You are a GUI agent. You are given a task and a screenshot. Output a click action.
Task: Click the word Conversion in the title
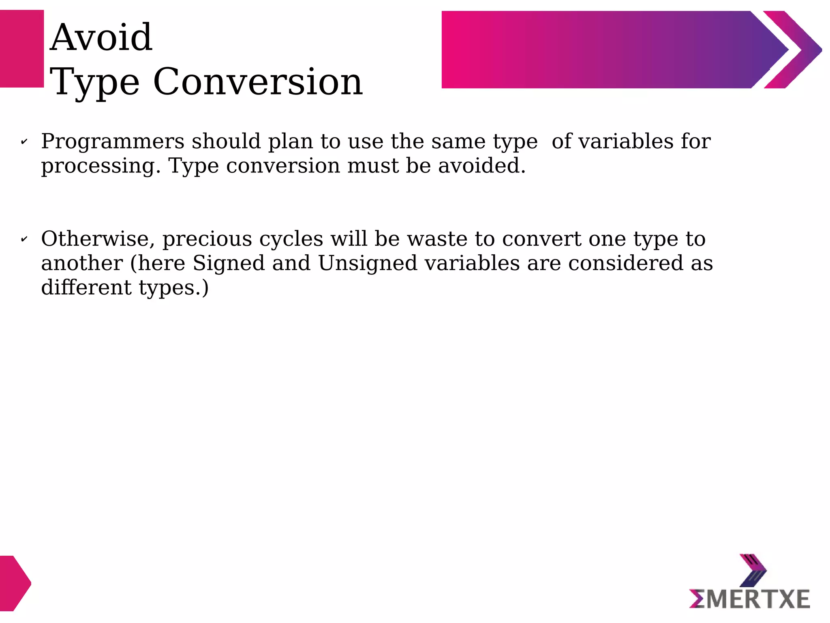tap(258, 82)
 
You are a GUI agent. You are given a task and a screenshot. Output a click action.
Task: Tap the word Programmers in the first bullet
tap(113, 142)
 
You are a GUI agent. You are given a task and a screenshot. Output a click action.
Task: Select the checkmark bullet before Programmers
tap(24, 142)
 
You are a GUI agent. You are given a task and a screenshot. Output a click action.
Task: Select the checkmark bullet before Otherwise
tap(24, 239)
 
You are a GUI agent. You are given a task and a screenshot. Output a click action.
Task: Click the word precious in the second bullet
tap(207, 239)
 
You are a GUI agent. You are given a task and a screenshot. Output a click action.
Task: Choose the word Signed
tap(229, 264)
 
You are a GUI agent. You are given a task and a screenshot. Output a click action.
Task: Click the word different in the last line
tap(86, 288)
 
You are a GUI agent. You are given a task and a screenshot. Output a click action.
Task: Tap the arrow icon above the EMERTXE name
tap(753, 570)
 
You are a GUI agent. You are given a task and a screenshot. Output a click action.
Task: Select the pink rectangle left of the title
tap(22, 49)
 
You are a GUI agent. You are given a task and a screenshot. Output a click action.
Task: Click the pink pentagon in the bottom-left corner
tap(15, 583)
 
